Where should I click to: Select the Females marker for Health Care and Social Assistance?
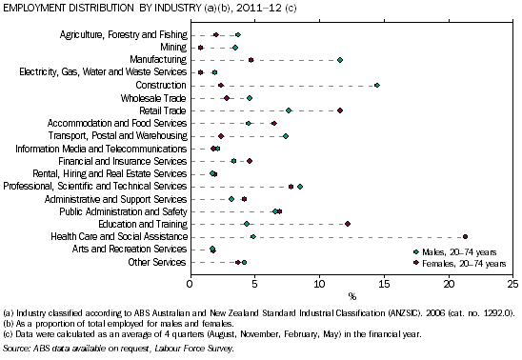[x=465, y=236]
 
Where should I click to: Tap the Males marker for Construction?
[x=377, y=85]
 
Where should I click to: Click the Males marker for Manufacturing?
[x=340, y=60]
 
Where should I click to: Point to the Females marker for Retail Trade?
[x=340, y=110]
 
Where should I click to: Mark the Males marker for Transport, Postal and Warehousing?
[x=286, y=135]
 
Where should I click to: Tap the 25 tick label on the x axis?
[x=512, y=283]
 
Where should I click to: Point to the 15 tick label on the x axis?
[x=384, y=283]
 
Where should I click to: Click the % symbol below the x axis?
[x=351, y=295]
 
